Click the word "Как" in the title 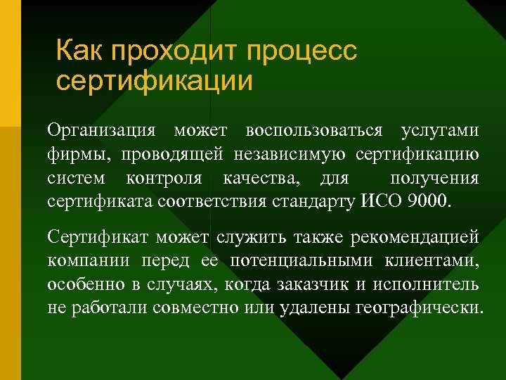point(78,52)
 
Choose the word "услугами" point(440,132)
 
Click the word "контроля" point(164,178)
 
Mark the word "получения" point(434,178)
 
